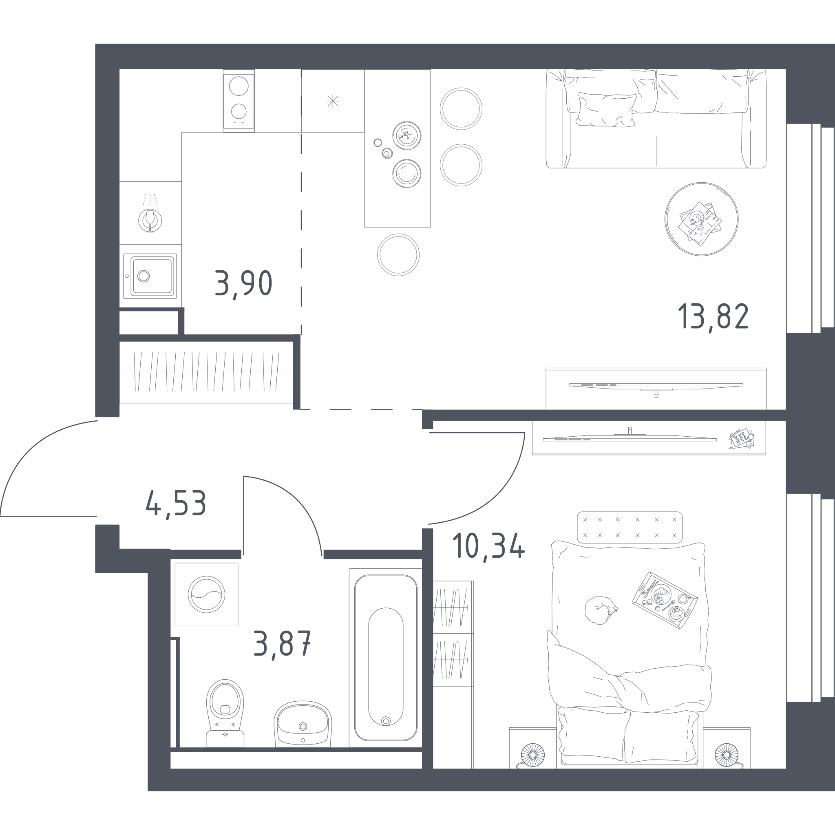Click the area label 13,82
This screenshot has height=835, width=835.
713,316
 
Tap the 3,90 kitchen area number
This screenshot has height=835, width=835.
243,283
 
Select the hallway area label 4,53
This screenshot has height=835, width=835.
176,503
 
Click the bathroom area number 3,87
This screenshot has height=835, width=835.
282,643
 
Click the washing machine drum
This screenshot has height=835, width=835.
207,594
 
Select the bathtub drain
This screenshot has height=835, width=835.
386,721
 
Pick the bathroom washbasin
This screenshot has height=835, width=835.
303,724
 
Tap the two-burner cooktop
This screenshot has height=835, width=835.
239,100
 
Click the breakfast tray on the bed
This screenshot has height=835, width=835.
664,600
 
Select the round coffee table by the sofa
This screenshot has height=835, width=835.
701,219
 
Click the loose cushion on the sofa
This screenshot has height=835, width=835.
606,110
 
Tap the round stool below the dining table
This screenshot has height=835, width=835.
398,255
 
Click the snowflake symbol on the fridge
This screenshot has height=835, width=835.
333,101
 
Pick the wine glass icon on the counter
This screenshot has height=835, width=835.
150,221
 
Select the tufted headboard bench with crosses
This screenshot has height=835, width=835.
630,527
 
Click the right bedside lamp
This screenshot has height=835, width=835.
727,755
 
